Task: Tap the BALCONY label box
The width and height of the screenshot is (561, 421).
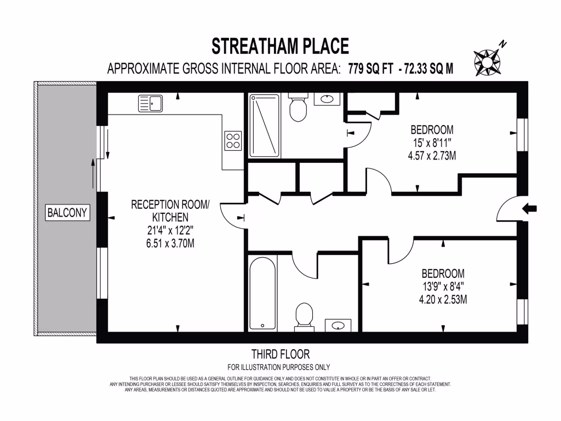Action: (x=67, y=213)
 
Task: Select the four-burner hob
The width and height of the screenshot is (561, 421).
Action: (x=233, y=140)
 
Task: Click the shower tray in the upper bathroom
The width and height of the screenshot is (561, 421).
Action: (x=265, y=126)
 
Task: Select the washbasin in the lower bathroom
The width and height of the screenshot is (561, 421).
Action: (x=338, y=325)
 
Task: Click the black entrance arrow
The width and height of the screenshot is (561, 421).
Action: (x=530, y=208)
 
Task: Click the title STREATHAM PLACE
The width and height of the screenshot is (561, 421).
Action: (x=280, y=46)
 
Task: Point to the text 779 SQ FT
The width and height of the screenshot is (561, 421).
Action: (x=371, y=69)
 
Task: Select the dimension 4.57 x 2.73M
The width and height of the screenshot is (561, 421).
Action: (x=432, y=156)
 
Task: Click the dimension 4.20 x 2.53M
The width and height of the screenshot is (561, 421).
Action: (x=443, y=299)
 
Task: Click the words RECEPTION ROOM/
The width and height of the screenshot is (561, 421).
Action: (x=170, y=204)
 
